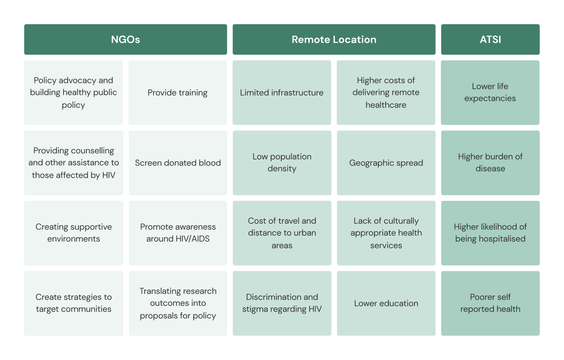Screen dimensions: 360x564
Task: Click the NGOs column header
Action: tap(125, 39)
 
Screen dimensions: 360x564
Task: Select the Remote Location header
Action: tap(334, 39)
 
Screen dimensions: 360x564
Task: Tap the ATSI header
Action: tap(490, 39)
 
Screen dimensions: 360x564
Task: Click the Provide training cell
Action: tap(177, 93)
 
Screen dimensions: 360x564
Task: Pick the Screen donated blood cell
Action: tap(178, 163)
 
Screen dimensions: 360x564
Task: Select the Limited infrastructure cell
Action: tap(282, 93)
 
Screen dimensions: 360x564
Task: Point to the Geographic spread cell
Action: tap(386, 163)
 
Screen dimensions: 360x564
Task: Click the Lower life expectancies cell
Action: tap(490, 92)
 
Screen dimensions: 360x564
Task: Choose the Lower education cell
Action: tap(386, 303)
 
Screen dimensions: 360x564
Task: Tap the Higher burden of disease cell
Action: tap(490, 163)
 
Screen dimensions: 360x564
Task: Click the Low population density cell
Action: tap(282, 163)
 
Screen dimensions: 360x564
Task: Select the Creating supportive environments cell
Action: tap(73, 233)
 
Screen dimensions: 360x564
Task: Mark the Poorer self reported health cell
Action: tap(490, 303)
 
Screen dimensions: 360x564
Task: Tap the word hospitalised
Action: tap(502, 239)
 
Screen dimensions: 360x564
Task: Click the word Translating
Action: tap(159, 291)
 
